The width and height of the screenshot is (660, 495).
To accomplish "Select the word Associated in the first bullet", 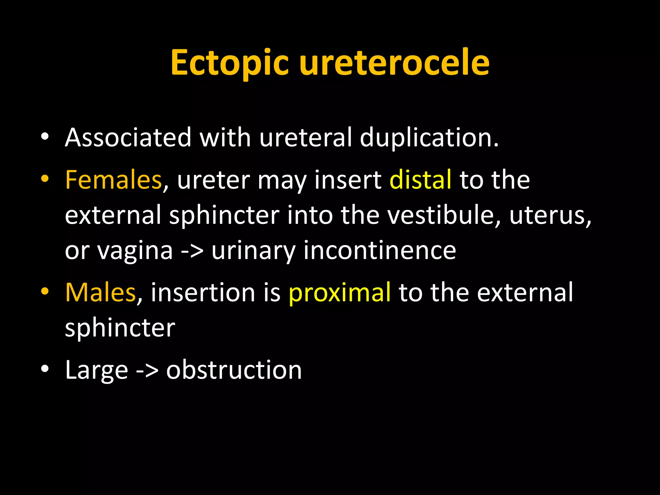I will [128, 138].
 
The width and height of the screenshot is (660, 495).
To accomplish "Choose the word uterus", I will [550, 215].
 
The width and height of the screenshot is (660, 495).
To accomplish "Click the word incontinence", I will [380, 250].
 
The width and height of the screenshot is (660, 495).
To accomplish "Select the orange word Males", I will [100, 292].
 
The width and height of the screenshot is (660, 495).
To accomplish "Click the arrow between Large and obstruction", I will [147, 370].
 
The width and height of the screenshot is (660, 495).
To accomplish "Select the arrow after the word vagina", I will [192, 251].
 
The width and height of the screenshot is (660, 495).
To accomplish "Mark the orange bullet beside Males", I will [45, 291].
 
